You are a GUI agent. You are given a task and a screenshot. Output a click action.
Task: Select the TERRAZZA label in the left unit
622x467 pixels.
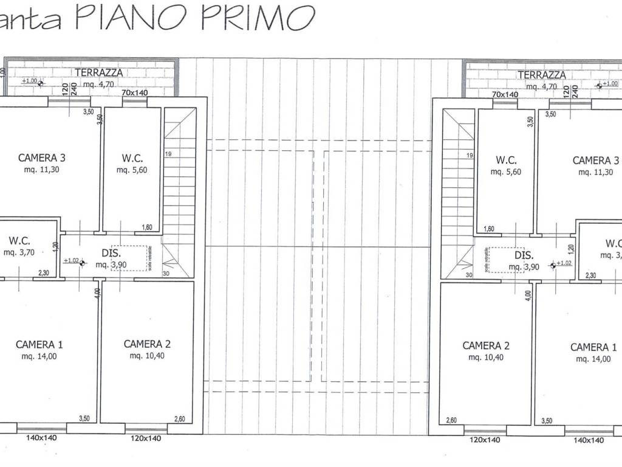(99, 73)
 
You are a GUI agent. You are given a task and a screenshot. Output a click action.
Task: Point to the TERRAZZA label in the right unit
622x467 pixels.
(542, 75)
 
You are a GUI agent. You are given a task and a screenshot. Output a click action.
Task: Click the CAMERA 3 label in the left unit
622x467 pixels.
(42, 158)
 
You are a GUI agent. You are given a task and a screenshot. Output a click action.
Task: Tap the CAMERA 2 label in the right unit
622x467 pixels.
(486, 345)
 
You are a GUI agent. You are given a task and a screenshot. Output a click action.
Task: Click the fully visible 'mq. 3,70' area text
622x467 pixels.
(20, 252)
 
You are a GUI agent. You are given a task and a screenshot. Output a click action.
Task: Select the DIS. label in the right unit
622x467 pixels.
(524, 256)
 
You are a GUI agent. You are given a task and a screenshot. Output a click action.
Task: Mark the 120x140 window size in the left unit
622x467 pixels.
(146, 438)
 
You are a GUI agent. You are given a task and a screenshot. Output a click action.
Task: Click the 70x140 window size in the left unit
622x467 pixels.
(135, 93)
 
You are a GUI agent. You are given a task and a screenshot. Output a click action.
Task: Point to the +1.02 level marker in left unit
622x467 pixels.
(71, 261)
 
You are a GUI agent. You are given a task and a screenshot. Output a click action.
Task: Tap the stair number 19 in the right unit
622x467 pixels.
(470, 156)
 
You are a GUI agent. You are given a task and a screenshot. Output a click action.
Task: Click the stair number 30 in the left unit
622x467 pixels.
(166, 274)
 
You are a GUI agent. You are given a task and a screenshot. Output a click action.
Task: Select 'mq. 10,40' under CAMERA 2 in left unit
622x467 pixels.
(146, 356)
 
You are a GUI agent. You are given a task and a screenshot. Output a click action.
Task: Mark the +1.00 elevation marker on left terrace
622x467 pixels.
(29, 81)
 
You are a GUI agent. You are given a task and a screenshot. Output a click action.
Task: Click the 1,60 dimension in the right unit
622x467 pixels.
(488, 229)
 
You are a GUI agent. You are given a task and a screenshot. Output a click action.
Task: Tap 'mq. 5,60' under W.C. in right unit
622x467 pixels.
(506, 172)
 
